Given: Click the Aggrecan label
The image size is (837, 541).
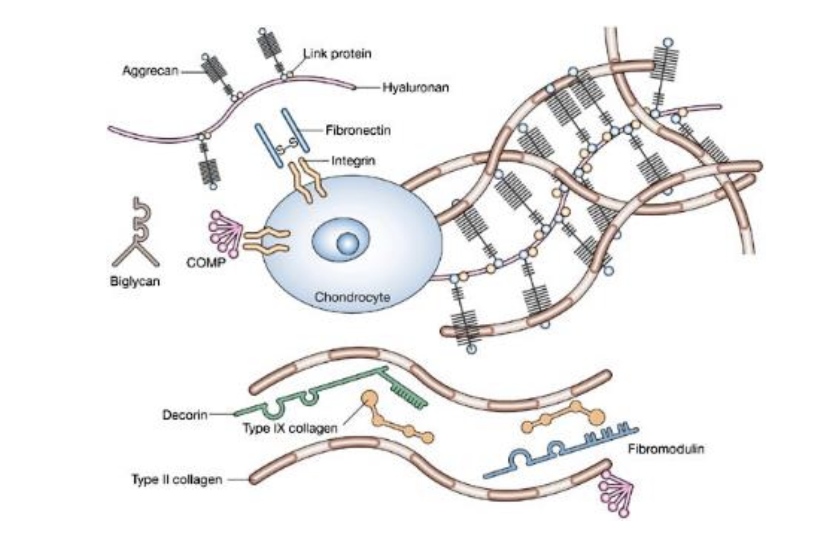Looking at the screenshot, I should click(x=150, y=71).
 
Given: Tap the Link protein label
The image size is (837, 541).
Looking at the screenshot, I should click(x=338, y=54).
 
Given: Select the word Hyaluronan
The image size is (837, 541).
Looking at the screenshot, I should click(x=415, y=88).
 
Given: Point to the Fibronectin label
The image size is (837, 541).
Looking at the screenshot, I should click(x=358, y=130).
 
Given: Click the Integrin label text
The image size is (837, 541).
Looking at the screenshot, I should click(x=353, y=161).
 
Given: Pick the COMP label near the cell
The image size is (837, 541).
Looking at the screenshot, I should click(x=205, y=262).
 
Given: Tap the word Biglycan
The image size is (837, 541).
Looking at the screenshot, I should click(x=135, y=281).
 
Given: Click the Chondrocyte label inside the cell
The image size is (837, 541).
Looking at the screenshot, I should click(x=352, y=296).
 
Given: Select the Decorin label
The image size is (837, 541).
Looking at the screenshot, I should click(x=185, y=415).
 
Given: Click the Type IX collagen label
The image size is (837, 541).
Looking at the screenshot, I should click(x=290, y=428).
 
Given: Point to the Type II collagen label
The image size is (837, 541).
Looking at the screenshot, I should click(x=177, y=480).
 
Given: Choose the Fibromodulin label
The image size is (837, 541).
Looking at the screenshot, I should click(x=665, y=449).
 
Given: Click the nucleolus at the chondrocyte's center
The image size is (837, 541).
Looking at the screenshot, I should click(x=347, y=242).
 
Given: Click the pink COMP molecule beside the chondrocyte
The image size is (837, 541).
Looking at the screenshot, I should click(x=224, y=234).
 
